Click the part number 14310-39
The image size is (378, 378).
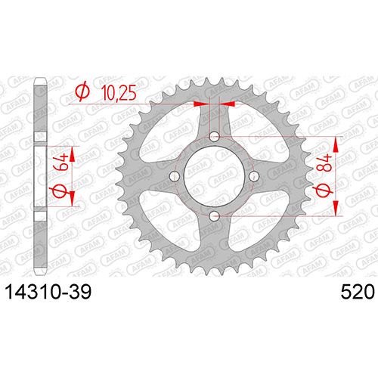tap(48, 293)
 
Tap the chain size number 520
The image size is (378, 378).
tap(358, 293)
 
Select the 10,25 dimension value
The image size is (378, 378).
tap(119, 92)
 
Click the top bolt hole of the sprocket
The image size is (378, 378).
tap(214, 137)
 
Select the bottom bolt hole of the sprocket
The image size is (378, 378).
tap(214, 216)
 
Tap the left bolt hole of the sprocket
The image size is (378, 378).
tap(175, 176)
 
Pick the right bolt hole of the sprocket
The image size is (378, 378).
tap(254, 176)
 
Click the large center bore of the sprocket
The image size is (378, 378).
tap(214, 176)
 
